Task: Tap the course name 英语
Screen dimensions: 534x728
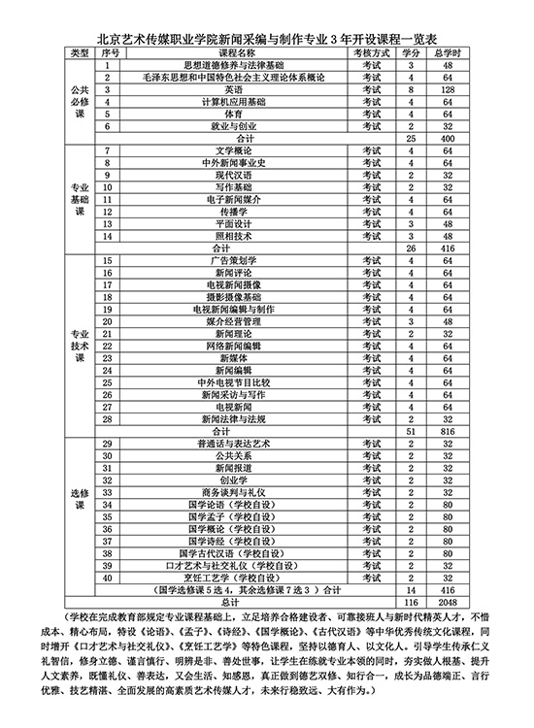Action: pyautogui.click(x=223, y=88)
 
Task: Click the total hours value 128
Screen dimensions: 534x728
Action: pyautogui.click(x=449, y=88)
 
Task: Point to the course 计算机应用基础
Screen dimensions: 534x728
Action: pyautogui.click(x=223, y=101)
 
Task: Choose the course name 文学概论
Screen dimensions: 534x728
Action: pyautogui.click(x=223, y=150)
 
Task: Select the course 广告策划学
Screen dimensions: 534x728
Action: pyautogui.click(x=223, y=261)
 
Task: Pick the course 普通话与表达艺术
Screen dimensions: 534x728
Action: pyautogui.click(x=223, y=444)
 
